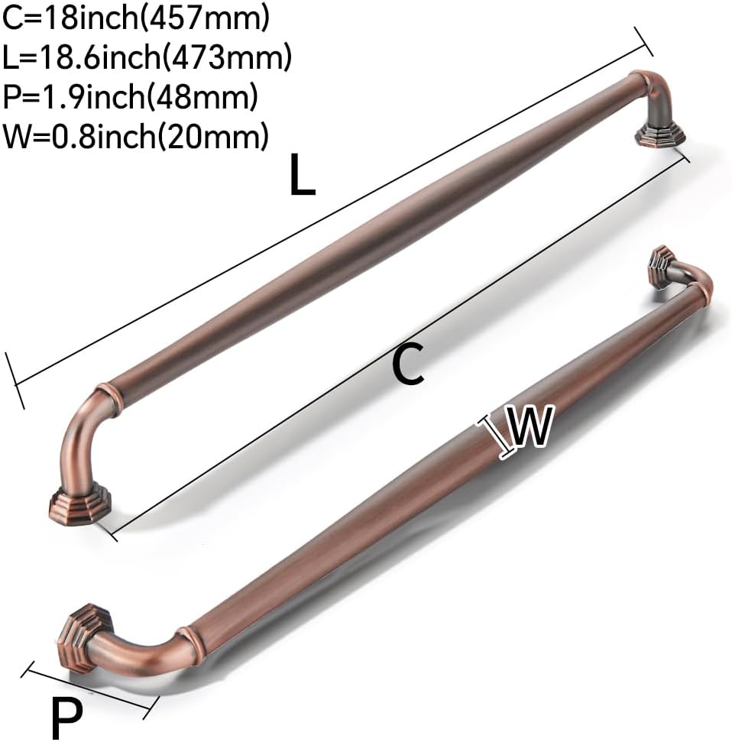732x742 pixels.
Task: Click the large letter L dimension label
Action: coord(302,175)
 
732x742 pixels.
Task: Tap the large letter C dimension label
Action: coord(409,364)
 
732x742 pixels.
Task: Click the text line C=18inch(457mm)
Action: coord(136,18)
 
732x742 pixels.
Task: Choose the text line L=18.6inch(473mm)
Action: coord(147,57)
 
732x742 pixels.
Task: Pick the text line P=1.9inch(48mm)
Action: coord(130,96)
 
